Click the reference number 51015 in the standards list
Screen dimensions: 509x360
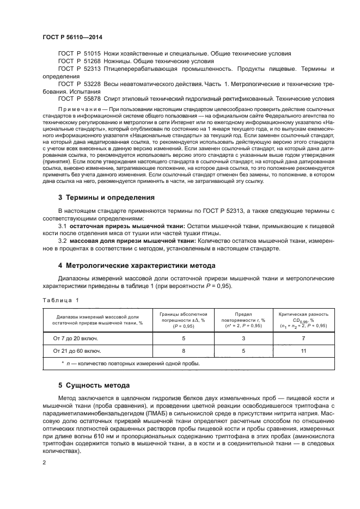click(90, 53)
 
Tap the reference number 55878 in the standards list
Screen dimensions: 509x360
click(90, 100)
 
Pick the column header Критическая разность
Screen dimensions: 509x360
click(303, 315)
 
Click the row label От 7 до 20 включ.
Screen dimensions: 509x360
click(75, 338)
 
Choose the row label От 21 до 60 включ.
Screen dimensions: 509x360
click(76, 351)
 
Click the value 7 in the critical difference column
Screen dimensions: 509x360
click(303, 338)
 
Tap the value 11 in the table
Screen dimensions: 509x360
click(303, 351)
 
